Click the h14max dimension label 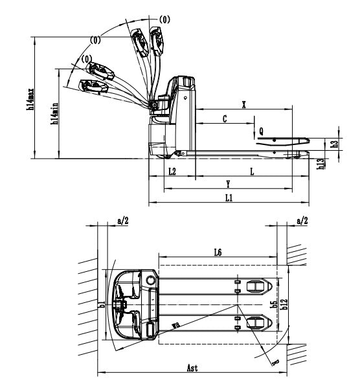click(x=30, y=99)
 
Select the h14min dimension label click(x=54, y=113)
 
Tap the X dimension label click(x=244, y=105)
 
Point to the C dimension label click(x=225, y=118)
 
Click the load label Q click(x=262, y=131)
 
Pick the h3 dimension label click(x=335, y=144)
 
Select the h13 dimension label click(x=321, y=164)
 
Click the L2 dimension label click(x=172, y=172)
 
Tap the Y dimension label click(x=228, y=184)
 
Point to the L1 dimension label click(x=229, y=197)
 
